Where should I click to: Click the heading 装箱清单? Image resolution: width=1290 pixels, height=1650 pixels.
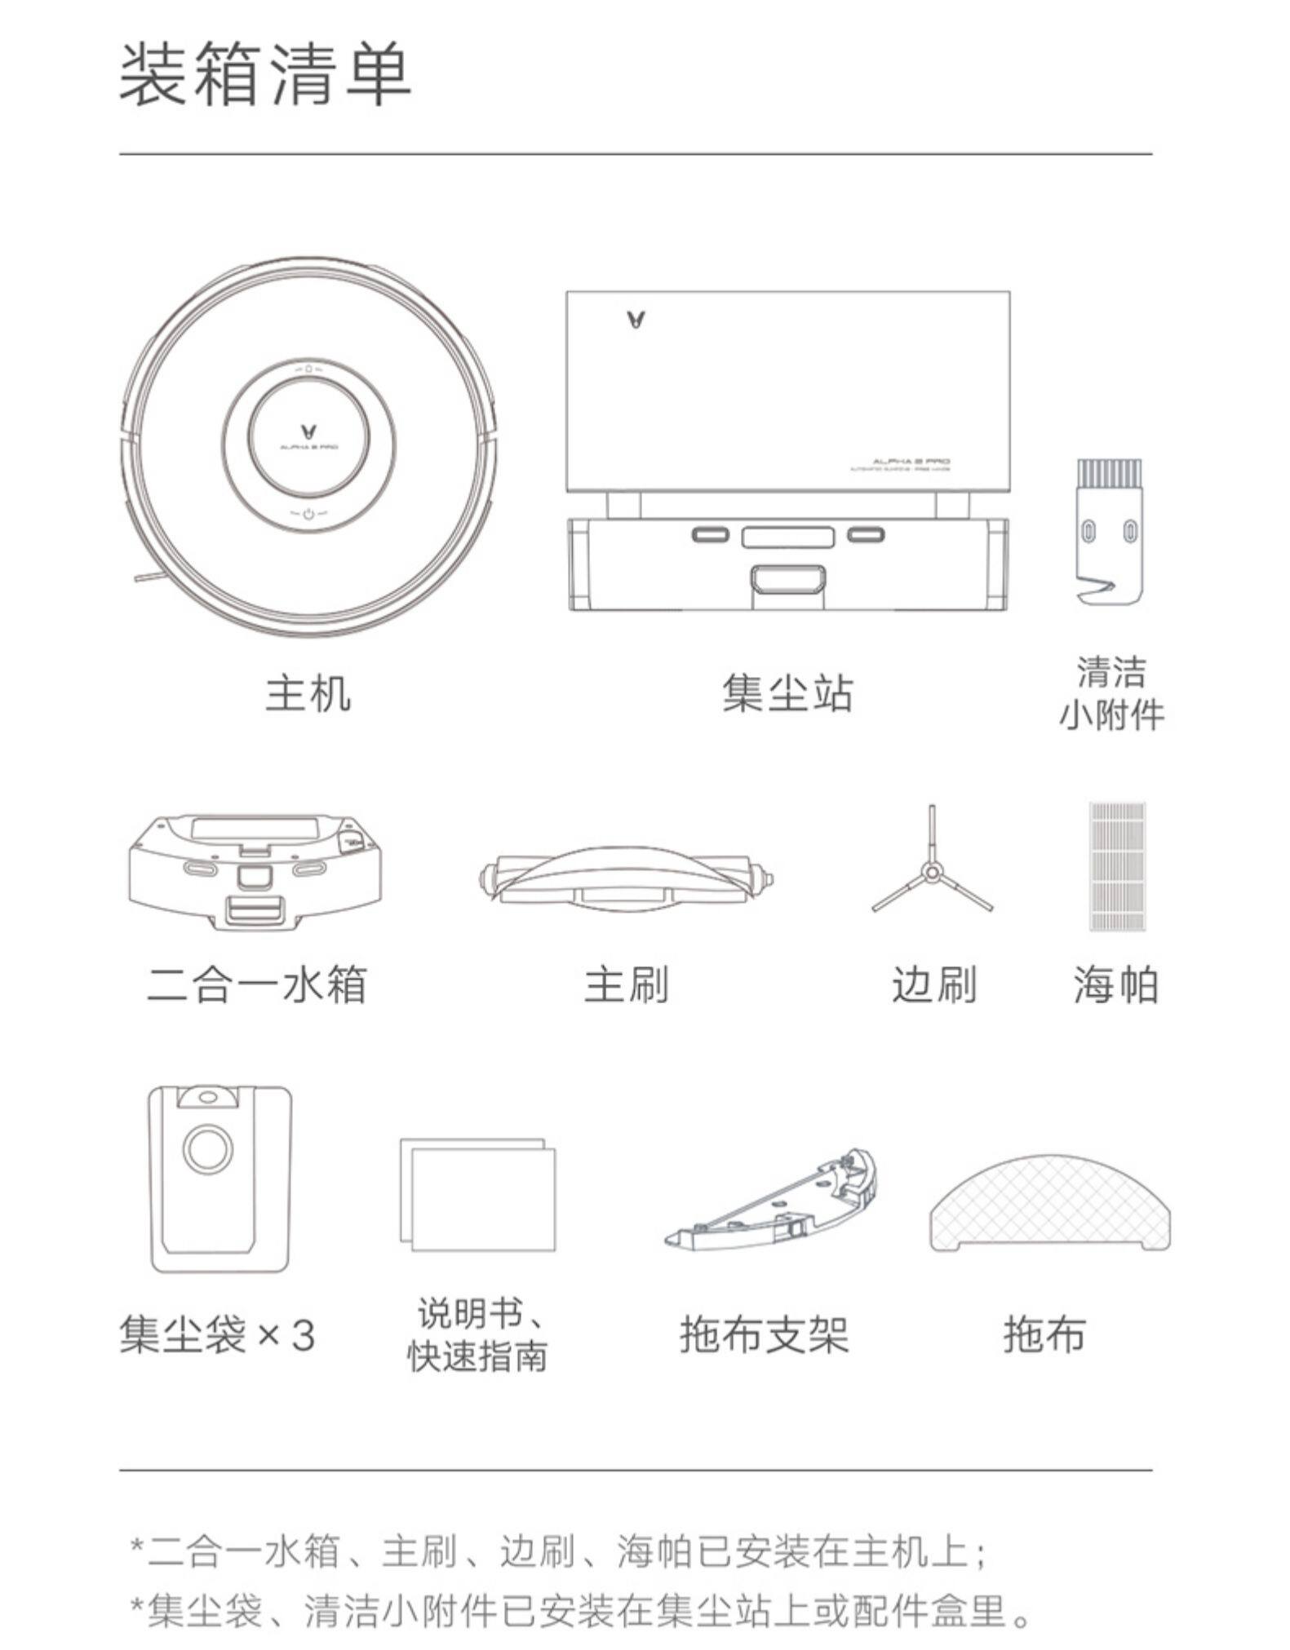click(x=265, y=75)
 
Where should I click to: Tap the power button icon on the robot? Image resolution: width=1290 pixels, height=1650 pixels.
click(x=308, y=514)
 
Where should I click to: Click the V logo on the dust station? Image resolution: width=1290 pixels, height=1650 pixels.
click(x=636, y=319)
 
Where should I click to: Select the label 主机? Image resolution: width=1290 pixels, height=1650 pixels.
click(x=308, y=693)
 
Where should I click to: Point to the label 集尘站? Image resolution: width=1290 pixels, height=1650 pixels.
click(x=787, y=693)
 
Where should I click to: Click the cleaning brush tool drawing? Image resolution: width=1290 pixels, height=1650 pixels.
click(x=1108, y=530)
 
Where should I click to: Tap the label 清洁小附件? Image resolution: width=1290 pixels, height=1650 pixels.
click(x=1110, y=694)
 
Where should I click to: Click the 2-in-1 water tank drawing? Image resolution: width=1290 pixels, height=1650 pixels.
click(x=255, y=872)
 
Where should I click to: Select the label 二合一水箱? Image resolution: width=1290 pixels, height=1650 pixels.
click(x=257, y=984)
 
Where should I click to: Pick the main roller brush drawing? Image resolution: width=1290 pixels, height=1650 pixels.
click(x=626, y=879)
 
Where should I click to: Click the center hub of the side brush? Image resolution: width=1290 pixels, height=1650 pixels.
click(x=932, y=874)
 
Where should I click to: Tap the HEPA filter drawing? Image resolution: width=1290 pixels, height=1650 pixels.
click(x=1117, y=866)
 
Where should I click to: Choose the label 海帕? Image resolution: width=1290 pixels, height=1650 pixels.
click(x=1115, y=984)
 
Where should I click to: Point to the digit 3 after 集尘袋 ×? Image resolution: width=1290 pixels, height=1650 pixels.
click(x=303, y=1335)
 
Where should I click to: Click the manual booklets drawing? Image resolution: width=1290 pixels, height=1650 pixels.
click(x=478, y=1194)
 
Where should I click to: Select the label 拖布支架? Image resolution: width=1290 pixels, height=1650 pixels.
click(x=764, y=1335)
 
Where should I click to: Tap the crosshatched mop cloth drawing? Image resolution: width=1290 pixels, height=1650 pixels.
click(x=1051, y=1203)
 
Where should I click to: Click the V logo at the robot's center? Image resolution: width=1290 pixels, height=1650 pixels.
click(x=308, y=430)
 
